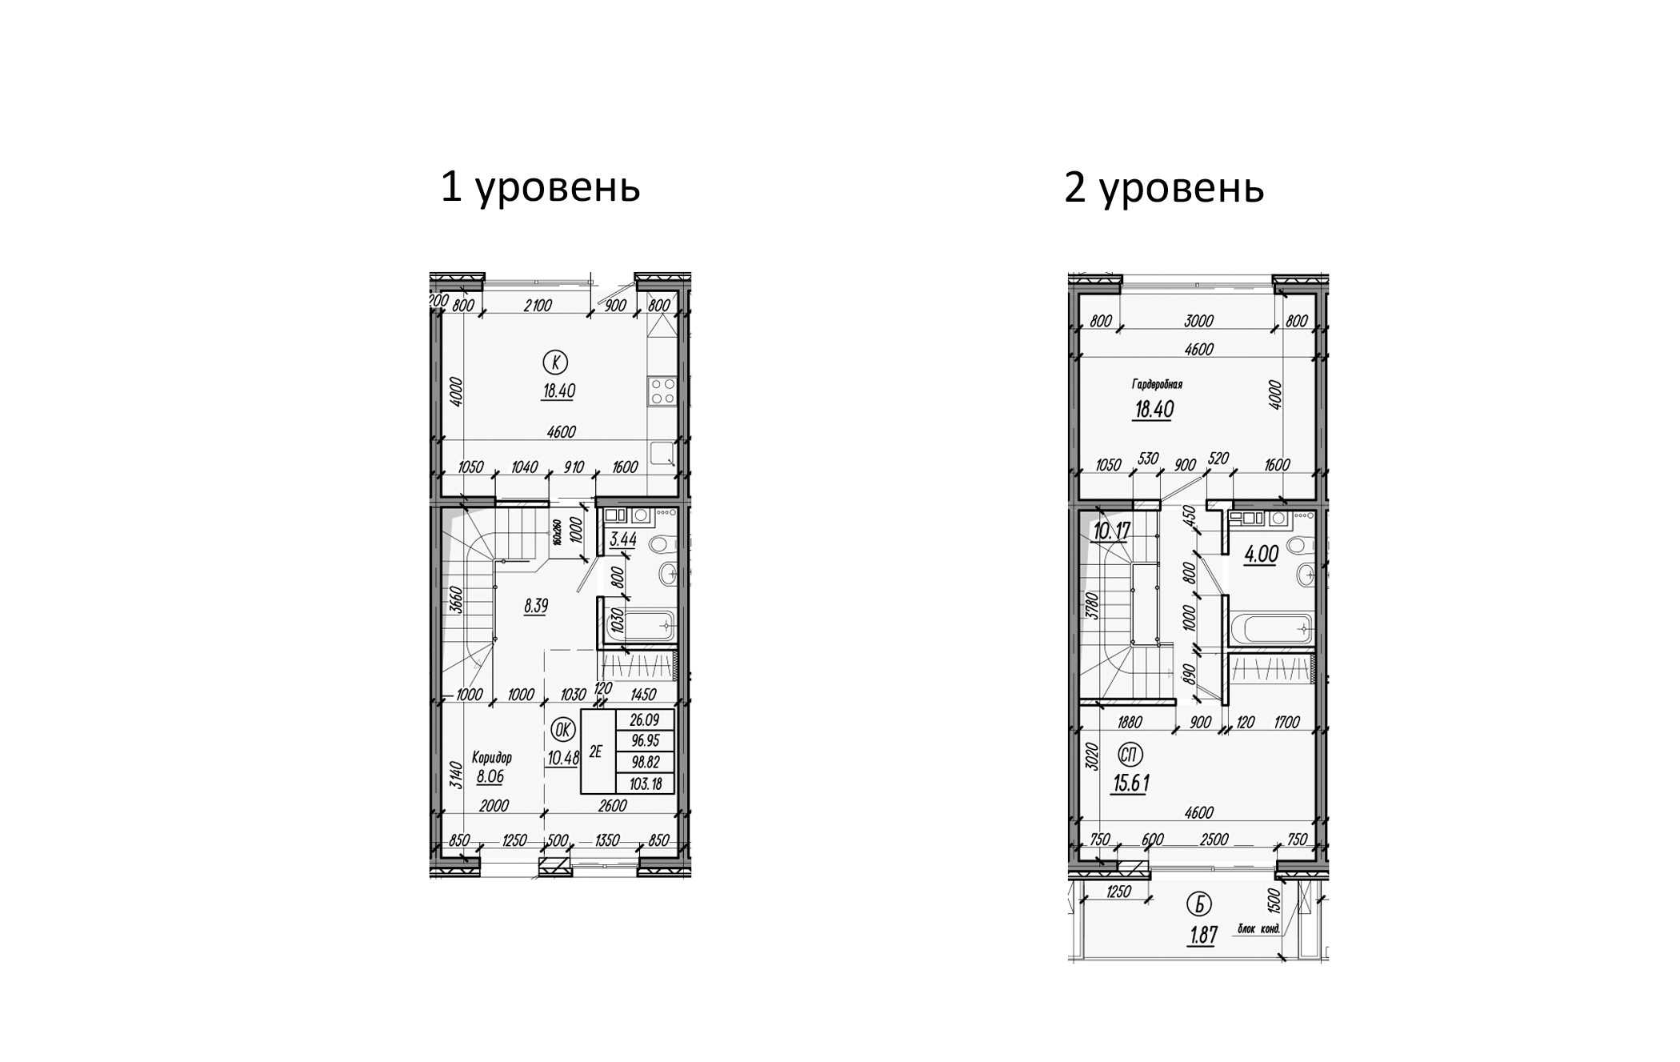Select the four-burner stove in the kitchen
click(662, 392)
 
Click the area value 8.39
click(535, 606)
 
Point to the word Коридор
click(491, 757)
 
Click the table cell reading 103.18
click(645, 784)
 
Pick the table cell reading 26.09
click(645, 719)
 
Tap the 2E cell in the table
click(596, 751)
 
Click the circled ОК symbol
click(562, 729)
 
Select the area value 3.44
click(622, 540)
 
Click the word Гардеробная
click(1157, 384)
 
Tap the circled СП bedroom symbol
click(1130, 754)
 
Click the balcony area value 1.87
click(1202, 936)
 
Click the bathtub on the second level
click(1272, 629)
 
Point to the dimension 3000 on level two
click(1198, 321)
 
